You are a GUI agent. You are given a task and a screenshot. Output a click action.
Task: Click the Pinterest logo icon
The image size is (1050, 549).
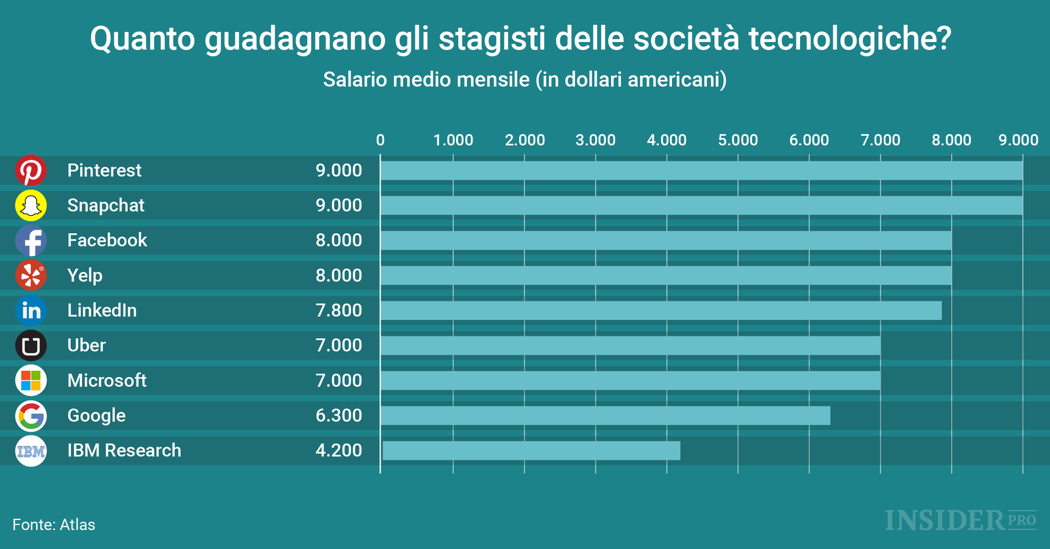pyautogui.click(x=31, y=171)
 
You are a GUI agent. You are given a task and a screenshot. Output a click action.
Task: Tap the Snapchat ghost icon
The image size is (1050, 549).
pyautogui.click(x=31, y=206)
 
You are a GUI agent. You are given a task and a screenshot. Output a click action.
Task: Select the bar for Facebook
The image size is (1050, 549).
pyautogui.click(x=665, y=240)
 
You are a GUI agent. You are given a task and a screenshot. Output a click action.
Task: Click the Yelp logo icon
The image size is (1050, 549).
pyautogui.click(x=31, y=275)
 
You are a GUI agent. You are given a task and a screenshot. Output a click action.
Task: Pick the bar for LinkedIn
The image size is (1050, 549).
pyautogui.click(x=660, y=311)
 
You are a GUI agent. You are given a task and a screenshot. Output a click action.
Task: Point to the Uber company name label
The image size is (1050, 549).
pyautogui.click(x=86, y=345)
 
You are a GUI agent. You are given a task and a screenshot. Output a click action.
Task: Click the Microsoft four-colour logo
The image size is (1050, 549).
pyautogui.click(x=31, y=380)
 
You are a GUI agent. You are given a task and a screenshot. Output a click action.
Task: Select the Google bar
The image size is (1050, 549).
pyautogui.click(x=604, y=416)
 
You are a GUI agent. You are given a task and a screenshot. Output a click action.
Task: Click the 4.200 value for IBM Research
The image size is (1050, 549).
pyautogui.click(x=339, y=450)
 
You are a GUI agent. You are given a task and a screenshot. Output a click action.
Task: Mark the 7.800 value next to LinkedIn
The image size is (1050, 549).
pyautogui.click(x=339, y=311)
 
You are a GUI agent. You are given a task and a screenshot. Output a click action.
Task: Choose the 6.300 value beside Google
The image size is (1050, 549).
pyautogui.click(x=339, y=416)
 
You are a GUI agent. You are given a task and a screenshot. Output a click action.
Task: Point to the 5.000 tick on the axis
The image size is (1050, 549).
pyautogui.click(x=738, y=140)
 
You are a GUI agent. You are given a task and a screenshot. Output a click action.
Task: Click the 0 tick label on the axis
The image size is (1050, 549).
pyautogui.click(x=381, y=140)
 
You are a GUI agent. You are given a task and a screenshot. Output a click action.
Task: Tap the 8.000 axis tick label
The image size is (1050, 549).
pyautogui.click(x=951, y=140)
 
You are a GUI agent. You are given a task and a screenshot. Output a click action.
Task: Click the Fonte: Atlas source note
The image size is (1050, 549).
pyautogui.click(x=54, y=525)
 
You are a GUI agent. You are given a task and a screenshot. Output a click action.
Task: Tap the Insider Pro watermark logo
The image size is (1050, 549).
pyautogui.click(x=959, y=521)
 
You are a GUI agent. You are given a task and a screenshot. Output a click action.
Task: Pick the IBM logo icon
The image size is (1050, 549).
pyautogui.click(x=31, y=451)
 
